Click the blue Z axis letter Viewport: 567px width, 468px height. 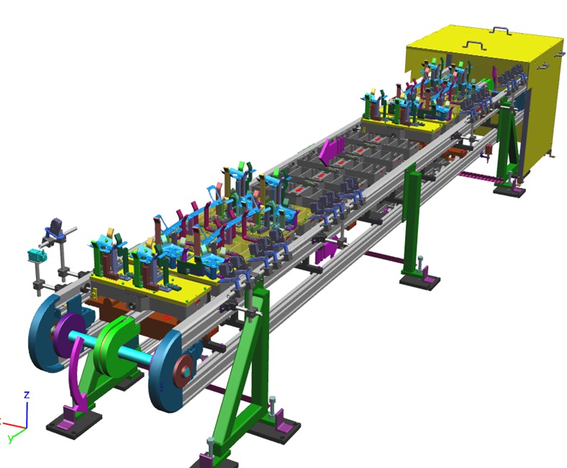[27, 395]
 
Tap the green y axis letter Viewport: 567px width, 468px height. [11, 439]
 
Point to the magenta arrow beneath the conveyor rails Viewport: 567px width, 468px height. [325, 250]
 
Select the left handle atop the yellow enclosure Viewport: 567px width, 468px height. [473, 45]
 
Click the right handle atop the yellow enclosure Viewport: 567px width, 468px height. [501, 29]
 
